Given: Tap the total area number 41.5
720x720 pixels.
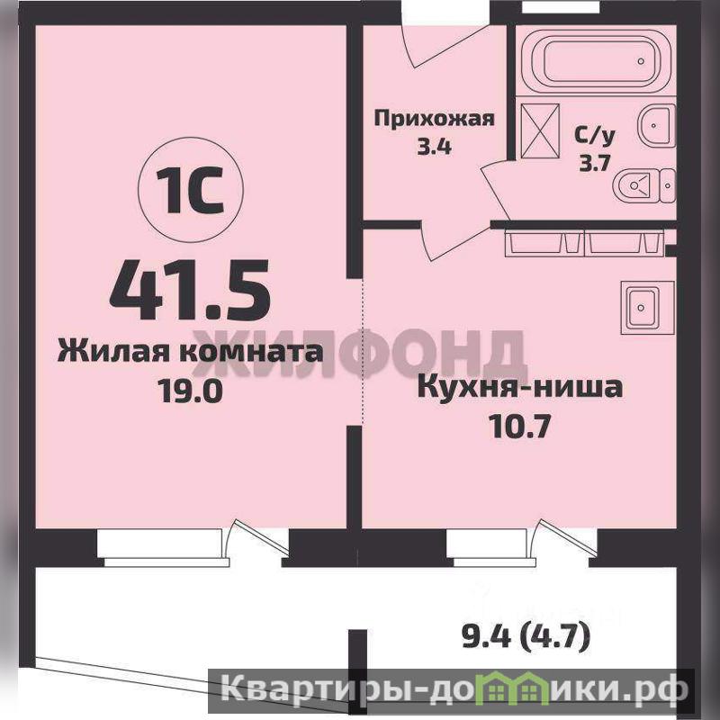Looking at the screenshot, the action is (x=190, y=290).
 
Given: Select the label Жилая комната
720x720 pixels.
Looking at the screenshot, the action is (x=190, y=353).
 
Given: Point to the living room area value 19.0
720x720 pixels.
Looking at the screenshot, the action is (x=190, y=391).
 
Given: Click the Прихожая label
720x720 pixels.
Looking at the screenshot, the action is (x=435, y=119).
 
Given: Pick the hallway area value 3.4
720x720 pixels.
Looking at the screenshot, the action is (x=434, y=147).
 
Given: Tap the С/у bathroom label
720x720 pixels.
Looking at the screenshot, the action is (x=594, y=136).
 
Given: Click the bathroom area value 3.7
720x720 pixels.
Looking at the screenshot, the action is (x=594, y=163).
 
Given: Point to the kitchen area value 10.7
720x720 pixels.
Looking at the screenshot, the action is (x=519, y=427).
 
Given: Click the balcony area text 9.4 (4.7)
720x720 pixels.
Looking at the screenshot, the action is (x=526, y=637).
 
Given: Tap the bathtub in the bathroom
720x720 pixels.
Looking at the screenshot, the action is (x=596, y=61).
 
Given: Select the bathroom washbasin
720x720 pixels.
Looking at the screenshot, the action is (x=657, y=125).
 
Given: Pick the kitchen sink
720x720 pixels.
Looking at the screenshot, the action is (x=647, y=307).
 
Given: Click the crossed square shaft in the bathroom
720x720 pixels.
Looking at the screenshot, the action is (x=540, y=130).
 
